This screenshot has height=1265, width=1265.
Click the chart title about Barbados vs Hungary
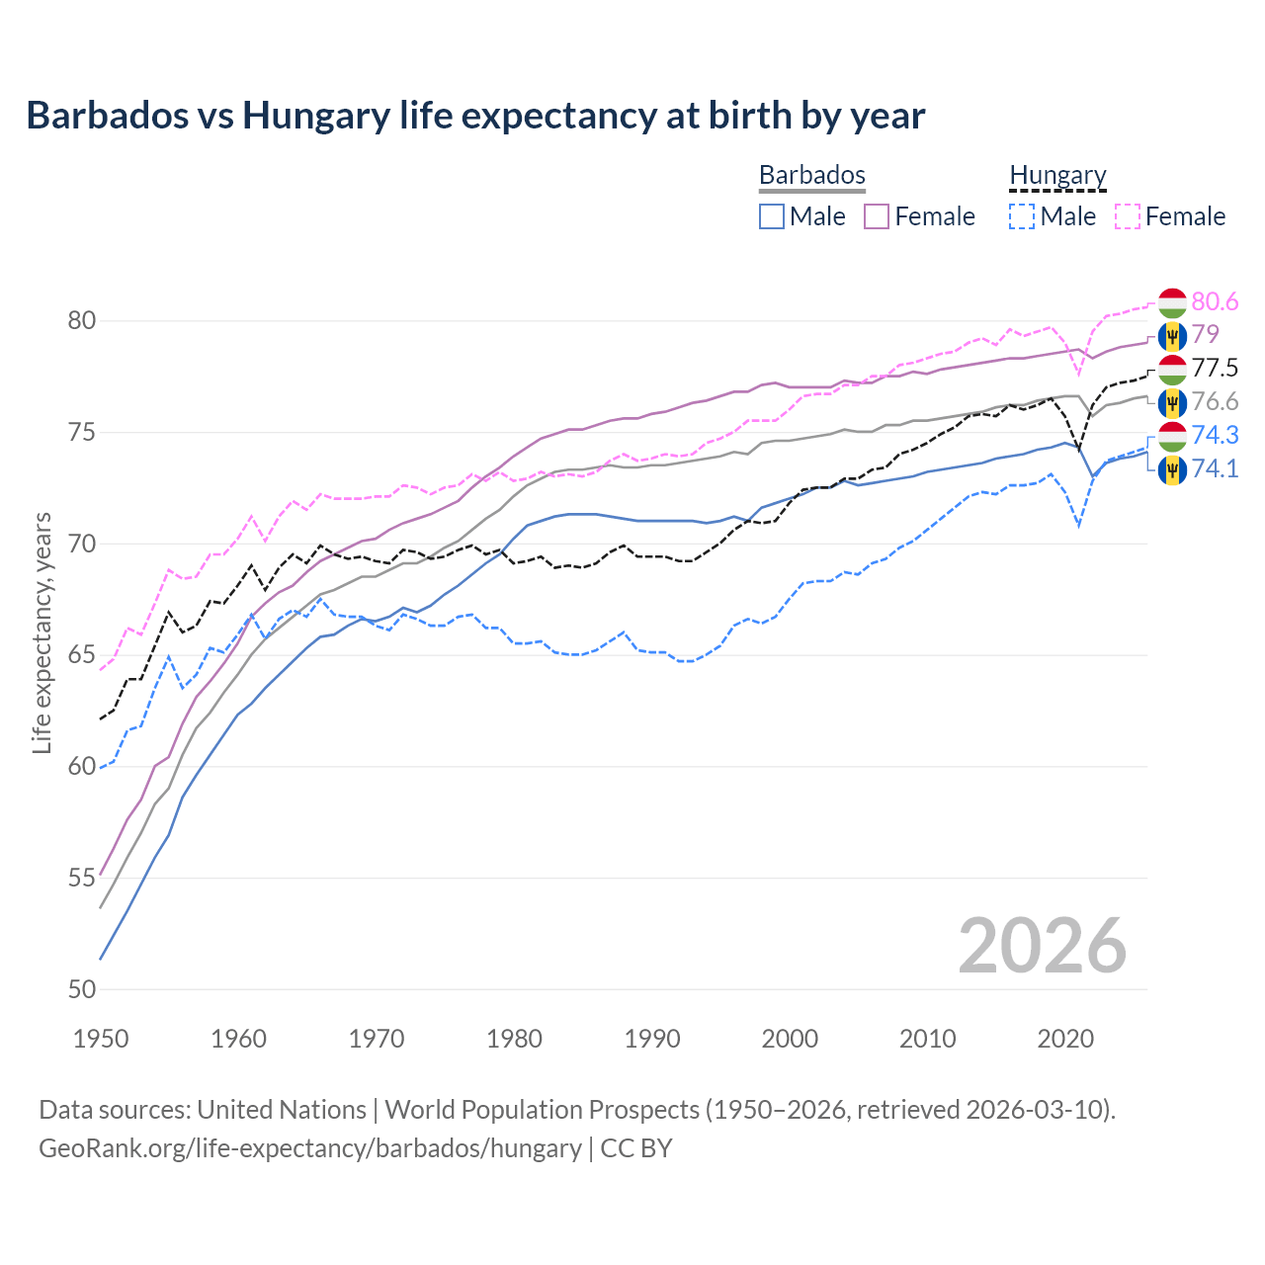(475, 116)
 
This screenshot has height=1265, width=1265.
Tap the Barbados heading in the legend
(811, 175)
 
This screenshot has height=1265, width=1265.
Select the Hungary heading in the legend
(1057, 175)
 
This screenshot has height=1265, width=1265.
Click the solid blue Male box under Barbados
(772, 216)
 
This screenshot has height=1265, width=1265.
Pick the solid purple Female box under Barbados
(877, 216)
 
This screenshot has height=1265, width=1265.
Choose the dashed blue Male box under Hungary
(1022, 216)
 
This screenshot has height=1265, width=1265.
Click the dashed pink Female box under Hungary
(1128, 216)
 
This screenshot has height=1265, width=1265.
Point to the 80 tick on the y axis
(82, 320)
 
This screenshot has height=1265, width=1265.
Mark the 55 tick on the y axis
(82, 878)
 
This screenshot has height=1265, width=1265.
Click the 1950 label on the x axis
(101, 1039)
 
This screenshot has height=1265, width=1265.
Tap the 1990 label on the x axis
(652, 1039)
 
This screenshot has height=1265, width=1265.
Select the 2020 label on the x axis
(1065, 1039)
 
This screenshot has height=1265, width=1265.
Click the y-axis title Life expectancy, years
(42, 632)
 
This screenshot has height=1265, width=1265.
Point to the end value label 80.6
(1215, 301)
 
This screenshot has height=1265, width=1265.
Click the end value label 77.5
(1215, 369)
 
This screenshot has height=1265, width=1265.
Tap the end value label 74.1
(1215, 468)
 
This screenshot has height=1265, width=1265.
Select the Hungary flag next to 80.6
(1172, 302)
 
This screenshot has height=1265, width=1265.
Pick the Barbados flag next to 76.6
(1172, 402)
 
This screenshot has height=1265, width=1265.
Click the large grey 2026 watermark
(1042, 946)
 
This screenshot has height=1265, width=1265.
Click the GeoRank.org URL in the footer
(310, 1148)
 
